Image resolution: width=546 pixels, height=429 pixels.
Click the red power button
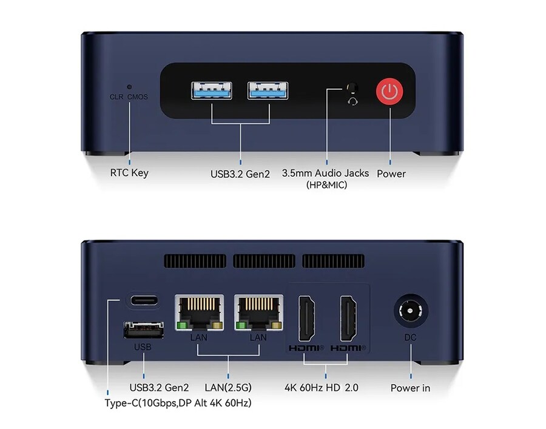click(x=389, y=92)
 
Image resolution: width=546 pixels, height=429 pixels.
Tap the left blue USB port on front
click(x=211, y=90)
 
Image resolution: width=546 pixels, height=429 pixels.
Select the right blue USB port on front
click(x=268, y=90)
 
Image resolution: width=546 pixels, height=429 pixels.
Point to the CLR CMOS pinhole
click(x=129, y=87)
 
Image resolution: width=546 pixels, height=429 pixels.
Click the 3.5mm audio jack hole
click(x=352, y=87)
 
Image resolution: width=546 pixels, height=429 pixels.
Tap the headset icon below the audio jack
click(x=352, y=101)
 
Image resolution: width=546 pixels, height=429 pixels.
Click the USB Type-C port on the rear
click(x=144, y=300)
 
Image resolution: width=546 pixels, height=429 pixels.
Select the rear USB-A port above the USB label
click(x=143, y=329)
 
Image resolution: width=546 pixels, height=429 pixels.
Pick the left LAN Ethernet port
click(x=199, y=312)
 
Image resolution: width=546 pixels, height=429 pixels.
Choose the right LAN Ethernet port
click(x=258, y=312)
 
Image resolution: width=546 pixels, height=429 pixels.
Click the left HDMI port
click(x=307, y=319)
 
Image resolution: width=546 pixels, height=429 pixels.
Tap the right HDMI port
click(x=348, y=319)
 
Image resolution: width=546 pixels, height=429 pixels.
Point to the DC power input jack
click(x=411, y=311)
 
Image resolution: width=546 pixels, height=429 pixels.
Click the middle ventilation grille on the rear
click(x=264, y=261)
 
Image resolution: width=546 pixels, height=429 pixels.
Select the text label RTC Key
click(x=129, y=173)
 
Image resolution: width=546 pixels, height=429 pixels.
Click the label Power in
click(x=410, y=388)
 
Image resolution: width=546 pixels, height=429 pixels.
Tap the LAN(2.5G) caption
click(x=228, y=388)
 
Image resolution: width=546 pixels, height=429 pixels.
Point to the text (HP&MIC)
click(x=326, y=185)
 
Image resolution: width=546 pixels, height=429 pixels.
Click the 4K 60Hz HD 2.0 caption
click(x=322, y=388)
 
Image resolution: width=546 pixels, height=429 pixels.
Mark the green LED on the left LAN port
click(x=181, y=326)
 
